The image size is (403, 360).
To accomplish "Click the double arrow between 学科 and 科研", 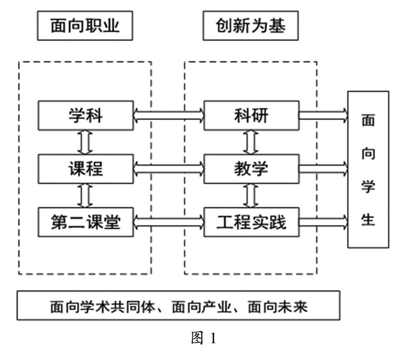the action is (x=169, y=116).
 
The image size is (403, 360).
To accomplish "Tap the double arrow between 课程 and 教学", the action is (x=169, y=169).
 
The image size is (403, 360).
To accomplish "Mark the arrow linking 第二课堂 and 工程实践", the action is (x=169, y=222).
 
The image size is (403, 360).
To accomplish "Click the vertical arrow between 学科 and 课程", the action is (x=85, y=142).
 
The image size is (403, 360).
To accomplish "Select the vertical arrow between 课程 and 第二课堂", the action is (x=85, y=196).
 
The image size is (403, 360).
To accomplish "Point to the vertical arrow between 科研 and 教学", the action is (x=251, y=142).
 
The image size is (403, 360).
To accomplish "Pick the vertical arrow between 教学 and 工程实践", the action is (x=251, y=196).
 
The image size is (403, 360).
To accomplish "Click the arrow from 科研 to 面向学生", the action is (x=324, y=116).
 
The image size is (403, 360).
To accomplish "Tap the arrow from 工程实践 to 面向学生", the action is (x=324, y=222).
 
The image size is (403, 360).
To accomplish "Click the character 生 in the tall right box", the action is (x=368, y=220).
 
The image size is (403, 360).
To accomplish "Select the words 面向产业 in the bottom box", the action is (x=201, y=307).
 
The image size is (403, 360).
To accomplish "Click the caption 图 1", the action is (x=204, y=338).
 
